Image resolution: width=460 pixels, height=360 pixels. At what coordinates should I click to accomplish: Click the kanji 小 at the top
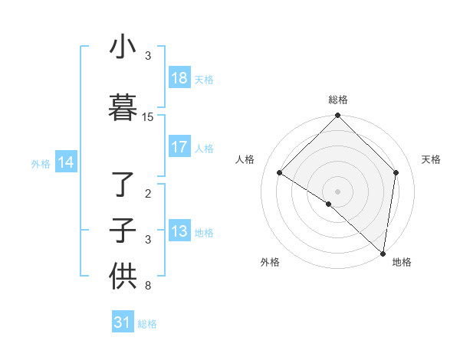(x=123, y=47)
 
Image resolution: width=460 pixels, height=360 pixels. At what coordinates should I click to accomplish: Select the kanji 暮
(x=123, y=108)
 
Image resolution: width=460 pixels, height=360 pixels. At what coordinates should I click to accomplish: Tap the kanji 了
(x=123, y=184)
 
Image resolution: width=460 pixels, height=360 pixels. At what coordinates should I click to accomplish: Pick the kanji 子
(x=123, y=231)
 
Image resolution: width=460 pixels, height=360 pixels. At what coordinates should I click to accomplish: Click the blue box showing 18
(x=179, y=78)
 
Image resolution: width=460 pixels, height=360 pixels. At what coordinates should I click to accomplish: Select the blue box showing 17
(x=179, y=147)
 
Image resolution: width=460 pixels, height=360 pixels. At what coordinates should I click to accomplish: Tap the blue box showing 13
(x=179, y=231)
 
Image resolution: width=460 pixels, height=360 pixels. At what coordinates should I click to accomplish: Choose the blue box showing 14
(x=66, y=162)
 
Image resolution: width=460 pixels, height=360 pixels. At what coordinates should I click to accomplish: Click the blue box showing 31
(x=123, y=322)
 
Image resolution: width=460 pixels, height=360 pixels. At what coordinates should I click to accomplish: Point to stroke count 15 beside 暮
(x=148, y=117)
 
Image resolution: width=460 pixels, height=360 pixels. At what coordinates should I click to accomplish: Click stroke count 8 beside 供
(x=148, y=286)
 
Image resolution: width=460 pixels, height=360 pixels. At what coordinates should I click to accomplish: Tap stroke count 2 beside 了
(x=148, y=194)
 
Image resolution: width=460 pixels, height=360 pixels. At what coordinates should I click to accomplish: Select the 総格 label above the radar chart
(x=337, y=100)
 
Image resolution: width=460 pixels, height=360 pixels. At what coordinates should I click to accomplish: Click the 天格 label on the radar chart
(x=431, y=159)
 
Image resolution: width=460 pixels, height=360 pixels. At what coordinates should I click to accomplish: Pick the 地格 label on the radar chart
(x=402, y=263)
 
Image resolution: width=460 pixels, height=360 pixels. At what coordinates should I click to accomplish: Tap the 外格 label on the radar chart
(x=270, y=263)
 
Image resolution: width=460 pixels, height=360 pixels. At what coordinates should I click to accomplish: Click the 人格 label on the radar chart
(x=245, y=159)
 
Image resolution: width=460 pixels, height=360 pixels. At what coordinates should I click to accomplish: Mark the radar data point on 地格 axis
(x=383, y=254)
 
